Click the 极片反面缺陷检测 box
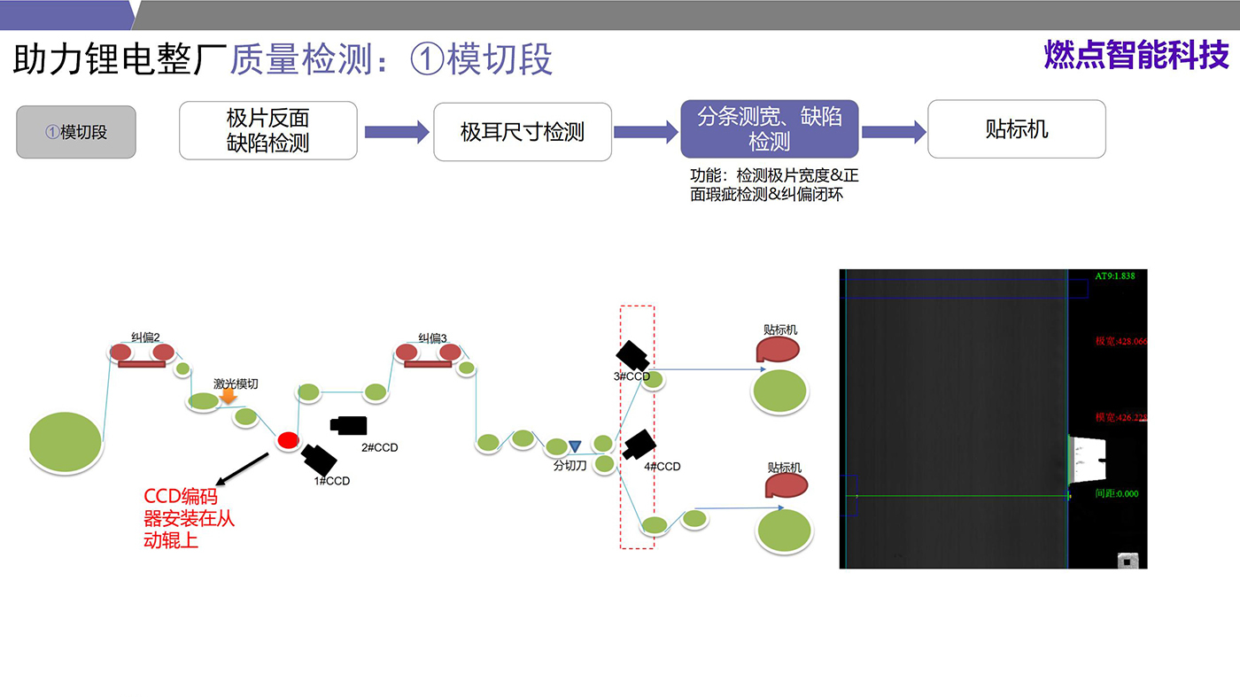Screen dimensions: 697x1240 coord(267,130)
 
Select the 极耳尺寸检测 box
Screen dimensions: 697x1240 coord(522,132)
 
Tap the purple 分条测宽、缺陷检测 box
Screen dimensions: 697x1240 coord(769,128)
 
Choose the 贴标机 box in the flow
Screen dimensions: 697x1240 coord(1016,129)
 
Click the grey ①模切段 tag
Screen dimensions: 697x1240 coord(76,133)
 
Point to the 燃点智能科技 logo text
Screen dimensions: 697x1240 coord(1136,55)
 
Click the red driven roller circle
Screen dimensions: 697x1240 coord(287,440)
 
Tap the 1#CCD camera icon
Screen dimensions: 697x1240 coord(319,459)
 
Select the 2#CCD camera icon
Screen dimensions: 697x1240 coord(349,425)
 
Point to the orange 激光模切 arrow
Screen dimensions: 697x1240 coord(228,396)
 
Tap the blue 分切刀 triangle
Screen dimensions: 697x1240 coord(575,445)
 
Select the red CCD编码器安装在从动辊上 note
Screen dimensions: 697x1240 coord(189,518)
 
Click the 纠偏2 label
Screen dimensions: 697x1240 coord(145,337)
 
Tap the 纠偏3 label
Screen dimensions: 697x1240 coord(432,337)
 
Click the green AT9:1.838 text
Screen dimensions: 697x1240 coord(1114,276)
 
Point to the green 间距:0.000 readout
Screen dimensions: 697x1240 coord(1116,493)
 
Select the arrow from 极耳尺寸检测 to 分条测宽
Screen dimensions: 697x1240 coord(645,132)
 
